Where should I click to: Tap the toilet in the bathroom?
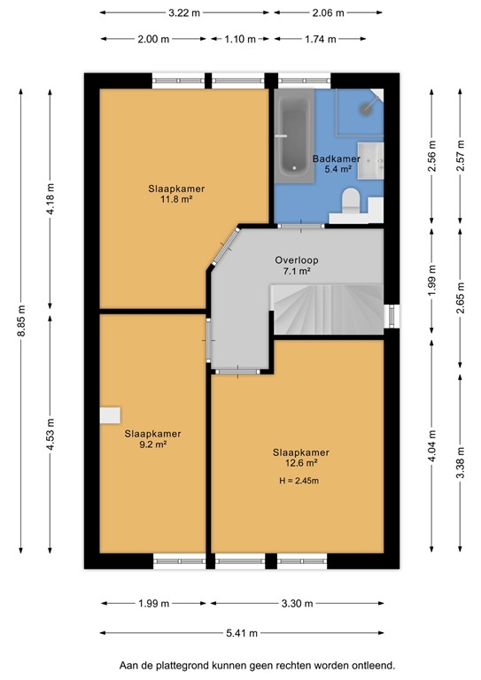tap(351, 201)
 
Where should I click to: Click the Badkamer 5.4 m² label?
tap(332, 164)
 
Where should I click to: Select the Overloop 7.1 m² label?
tap(296, 266)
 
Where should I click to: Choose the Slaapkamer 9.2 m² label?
tap(152, 438)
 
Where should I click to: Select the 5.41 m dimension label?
tap(240, 633)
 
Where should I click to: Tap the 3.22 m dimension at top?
tap(184, 13)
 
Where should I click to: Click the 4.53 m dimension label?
tap(50, 440)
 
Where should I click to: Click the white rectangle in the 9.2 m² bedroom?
tap(110, 415)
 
